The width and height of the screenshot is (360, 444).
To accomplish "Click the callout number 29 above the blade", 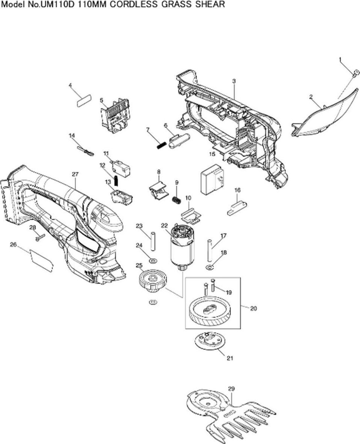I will coord(231,388).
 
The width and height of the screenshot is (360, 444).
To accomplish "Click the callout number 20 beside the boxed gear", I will coord(253,308).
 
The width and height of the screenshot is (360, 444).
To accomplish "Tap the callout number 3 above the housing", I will coord(234,81).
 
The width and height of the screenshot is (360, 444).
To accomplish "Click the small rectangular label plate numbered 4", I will coord(84,100).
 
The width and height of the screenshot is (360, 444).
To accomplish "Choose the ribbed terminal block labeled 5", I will coord(115,115).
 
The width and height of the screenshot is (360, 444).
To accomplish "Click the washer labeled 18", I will coord(209,267).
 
